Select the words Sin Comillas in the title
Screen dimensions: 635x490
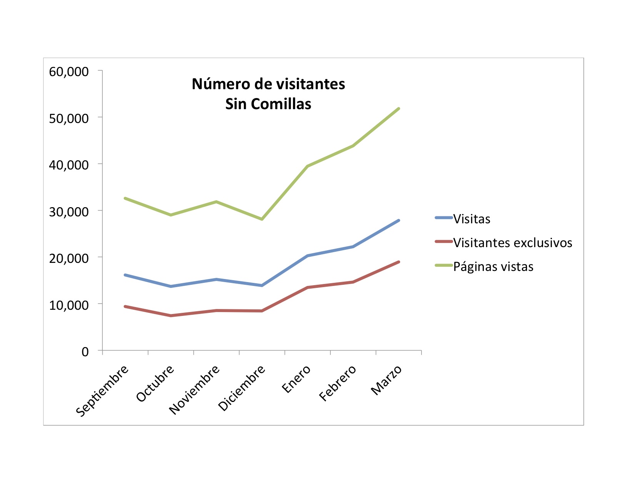coord(268,104)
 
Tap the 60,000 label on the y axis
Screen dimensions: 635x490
coord(69,72)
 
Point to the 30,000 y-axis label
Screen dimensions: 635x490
coord(69,212)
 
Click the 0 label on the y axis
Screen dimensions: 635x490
coord(85,352)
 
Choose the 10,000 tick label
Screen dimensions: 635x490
coord(69,306)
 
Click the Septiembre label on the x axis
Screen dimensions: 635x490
coord(102,390)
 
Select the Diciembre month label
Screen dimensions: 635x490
coord(242,388)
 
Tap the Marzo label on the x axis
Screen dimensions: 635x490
coord(386,380)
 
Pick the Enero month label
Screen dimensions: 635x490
coord(296,379)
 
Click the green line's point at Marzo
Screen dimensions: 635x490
coord(398,109)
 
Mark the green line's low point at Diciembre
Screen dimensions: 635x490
coord(262,219)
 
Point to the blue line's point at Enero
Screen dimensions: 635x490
coord(308,256)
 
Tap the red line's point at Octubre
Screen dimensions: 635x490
coord(171,316)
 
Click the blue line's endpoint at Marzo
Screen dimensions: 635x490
coord(398,221)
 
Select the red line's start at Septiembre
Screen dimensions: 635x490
coord(125,306)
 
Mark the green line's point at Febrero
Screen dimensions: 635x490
coord(353,146)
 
